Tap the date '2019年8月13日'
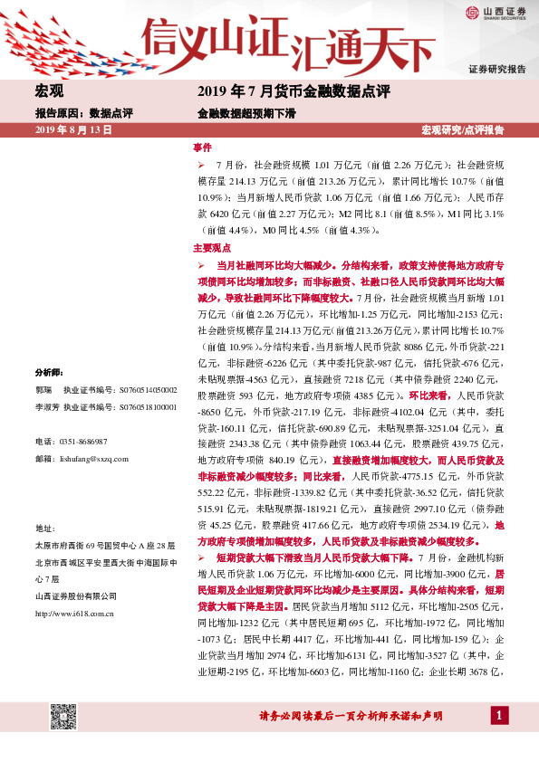pyautogui.click(x=72, y=130)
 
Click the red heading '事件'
pyautogui.click(x=202, y=147)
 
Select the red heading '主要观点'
pyautogui.click(x=212, y=247)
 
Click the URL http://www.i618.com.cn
pyautogui.click(x=73, y=613)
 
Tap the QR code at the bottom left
pyautogui.click(x=62, y=716)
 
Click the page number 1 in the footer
pyautogui.click(x=496, y=717)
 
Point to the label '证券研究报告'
pyautogui.click(x=496, y=69)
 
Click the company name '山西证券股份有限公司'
pyautogui.click(x=75, y=595)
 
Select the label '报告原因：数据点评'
pyautogui.click(x=83, y=114)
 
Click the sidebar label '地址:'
pyautogui.click(x=45, y=527)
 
